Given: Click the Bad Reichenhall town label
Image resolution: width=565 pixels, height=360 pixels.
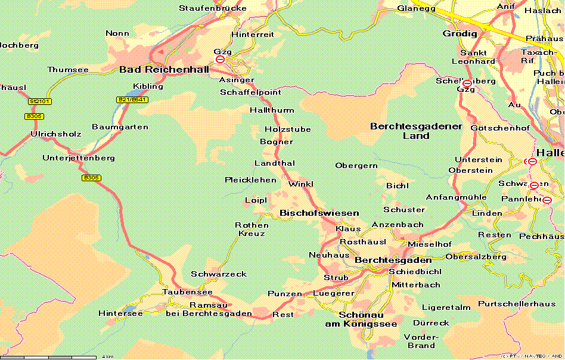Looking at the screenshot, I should (x=164, y=70).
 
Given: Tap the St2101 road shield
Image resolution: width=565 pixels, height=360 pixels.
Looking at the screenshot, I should (x=39, y=101).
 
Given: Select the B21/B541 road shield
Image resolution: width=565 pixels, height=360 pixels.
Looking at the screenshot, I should (x=132, y=100).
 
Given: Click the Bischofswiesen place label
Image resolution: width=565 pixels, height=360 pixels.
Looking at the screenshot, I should (x=319, y=213).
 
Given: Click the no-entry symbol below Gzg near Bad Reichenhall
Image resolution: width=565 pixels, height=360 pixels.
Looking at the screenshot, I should (x=221, y=60).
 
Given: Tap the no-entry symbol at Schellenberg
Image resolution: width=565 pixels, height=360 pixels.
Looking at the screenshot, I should (x=467, y=83).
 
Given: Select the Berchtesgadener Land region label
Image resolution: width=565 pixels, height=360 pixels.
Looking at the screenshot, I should (x=416, y=131).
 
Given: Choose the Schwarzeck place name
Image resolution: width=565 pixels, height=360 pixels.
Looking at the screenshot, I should (x=218, y=274).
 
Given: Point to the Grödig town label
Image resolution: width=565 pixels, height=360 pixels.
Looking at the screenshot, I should (x=460, y=33).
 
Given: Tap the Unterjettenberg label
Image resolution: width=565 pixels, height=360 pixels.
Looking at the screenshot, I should (x=79, y=158).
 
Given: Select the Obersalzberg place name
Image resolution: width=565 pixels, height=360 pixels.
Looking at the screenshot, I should (x=476, y=257).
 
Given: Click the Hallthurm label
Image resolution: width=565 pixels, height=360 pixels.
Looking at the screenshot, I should (x=271, y=110).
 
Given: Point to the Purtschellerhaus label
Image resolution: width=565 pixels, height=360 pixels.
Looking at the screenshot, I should (x=517, y=304).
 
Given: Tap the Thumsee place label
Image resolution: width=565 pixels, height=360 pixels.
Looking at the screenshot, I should (x=67, y=70).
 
